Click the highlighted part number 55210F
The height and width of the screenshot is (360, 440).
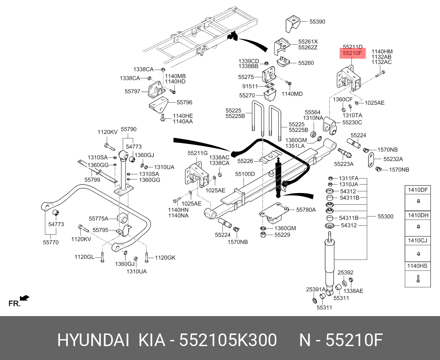(x=352, y=53)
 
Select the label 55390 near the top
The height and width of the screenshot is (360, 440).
(x=317, y=21)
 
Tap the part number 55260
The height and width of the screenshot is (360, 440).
(x=306, y=63)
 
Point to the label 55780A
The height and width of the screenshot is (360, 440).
(x=306, y=210)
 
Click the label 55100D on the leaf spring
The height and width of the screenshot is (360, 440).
(x=245, y=174)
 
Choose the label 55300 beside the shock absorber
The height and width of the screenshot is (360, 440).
(x=385, y=217)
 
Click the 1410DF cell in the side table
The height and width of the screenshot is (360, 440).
(x=417, y=190)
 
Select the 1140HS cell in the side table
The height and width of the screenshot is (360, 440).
(x=417, y=266)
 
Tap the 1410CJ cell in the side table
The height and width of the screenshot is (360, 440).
(x=417, y=240)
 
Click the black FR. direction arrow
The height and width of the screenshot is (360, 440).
(x=25, y=298)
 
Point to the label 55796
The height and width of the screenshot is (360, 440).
(x=184, y=103)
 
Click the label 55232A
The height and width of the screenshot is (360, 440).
(x=393, y=159)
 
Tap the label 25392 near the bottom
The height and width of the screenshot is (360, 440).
(x=345, y=273)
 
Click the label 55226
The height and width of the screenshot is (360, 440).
(x=245, y=161)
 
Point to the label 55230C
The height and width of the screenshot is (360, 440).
(x=352, y=123)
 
